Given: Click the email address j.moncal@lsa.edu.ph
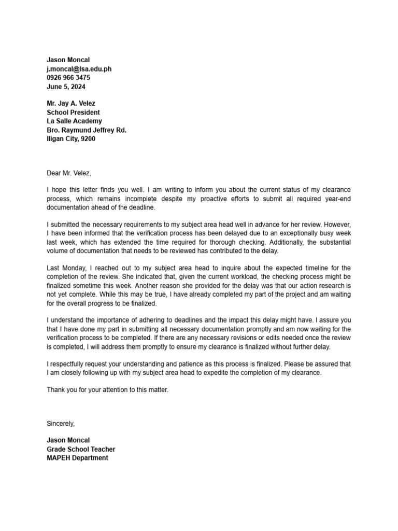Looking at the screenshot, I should pos(79,69).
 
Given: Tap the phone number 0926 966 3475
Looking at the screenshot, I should pos(68,78).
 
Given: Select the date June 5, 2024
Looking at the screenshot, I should pos(66,87).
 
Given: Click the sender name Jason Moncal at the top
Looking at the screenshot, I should pos(68,60).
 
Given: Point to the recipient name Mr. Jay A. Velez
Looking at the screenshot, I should pos(71,104).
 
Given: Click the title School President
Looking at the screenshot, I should pos(73,113).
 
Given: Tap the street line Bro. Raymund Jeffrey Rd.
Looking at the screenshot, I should pos(87,130).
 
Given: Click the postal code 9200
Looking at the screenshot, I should pos(88,139).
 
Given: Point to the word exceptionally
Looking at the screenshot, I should pos(295,233).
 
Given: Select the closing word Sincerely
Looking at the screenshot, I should pos(61,424).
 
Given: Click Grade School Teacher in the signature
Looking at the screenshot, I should pos(81,449).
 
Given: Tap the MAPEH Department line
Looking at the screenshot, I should pos(77,458).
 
